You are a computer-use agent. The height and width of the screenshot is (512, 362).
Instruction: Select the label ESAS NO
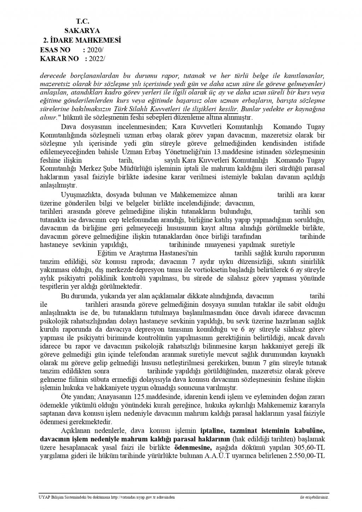pos(56,50)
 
